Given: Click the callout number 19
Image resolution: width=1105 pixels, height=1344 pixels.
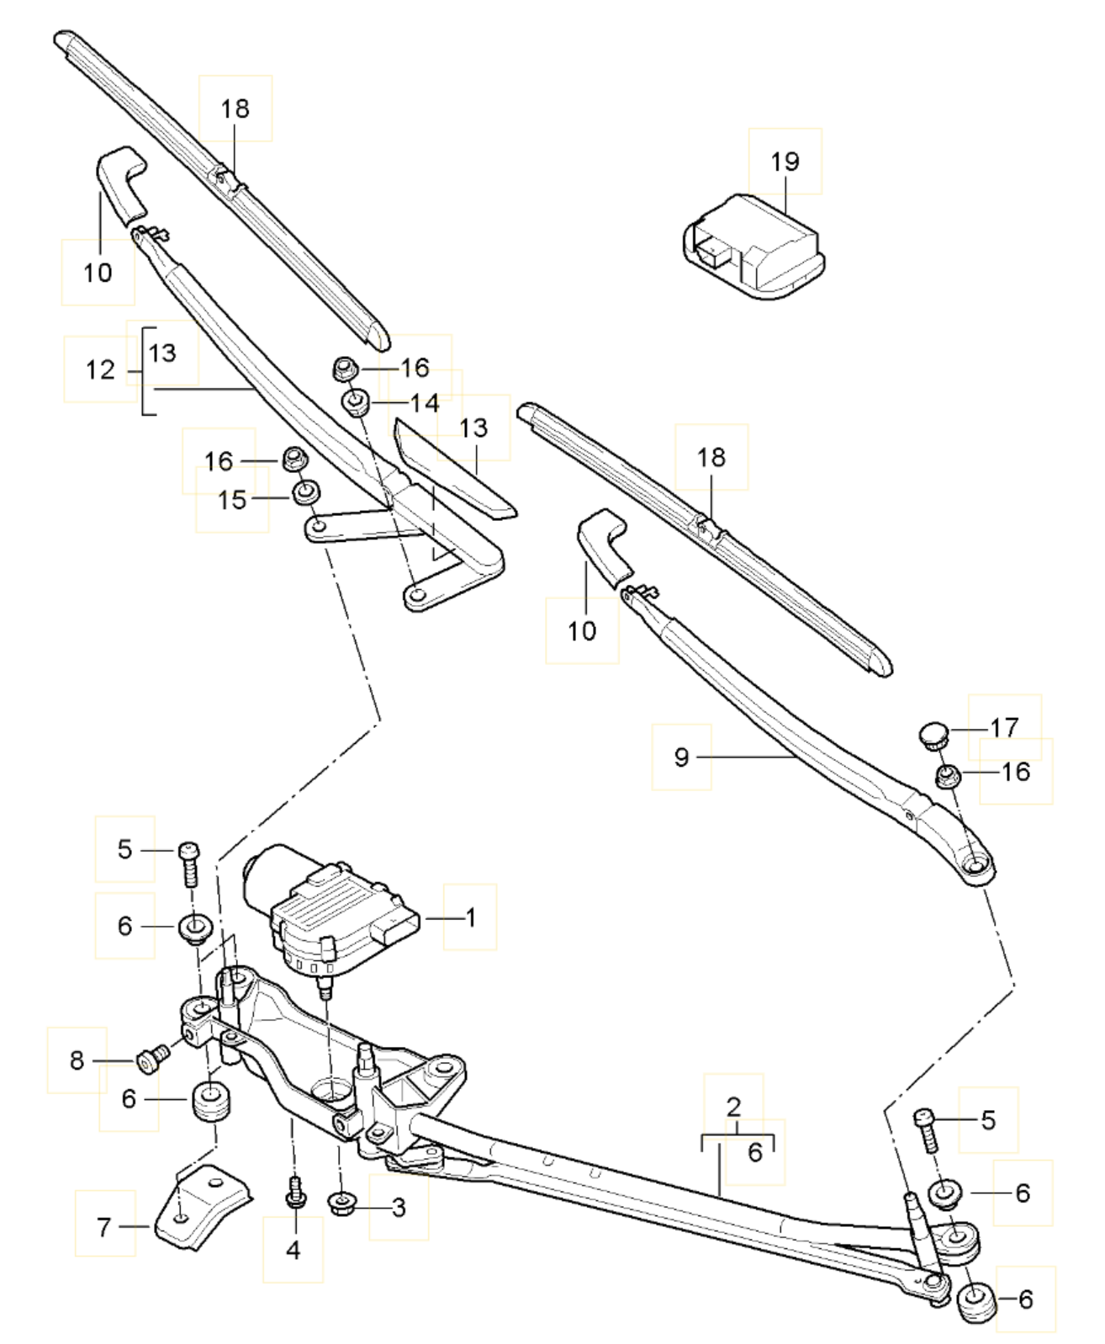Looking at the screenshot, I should (x=785, y=162).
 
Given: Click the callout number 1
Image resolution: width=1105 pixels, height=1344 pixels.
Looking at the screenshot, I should (x=471, y=917).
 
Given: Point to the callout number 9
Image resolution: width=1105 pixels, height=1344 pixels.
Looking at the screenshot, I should (x=681, y=757).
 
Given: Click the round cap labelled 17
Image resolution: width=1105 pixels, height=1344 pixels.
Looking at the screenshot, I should (x=933, y=735).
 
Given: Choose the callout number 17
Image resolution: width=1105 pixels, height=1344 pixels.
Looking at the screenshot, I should (x=1004, y=727).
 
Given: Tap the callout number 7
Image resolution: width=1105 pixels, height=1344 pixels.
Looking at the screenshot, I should (x=104, y=1227).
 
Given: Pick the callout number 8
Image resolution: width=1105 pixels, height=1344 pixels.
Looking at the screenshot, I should (x=77, y=1060).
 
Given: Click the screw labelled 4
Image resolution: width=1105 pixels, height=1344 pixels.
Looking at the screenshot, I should (x=294, y=1193).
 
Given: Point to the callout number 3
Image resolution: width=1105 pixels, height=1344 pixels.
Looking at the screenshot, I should (x=399, y=1208).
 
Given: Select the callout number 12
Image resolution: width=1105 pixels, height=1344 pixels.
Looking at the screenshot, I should (x=100, y=369).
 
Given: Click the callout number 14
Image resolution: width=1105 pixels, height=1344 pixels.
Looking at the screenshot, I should (x=426, y=403).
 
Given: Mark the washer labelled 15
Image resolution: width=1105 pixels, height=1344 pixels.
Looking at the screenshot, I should (x=308, y=491).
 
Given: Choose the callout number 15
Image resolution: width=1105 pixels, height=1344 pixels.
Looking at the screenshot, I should (x=232, y=501).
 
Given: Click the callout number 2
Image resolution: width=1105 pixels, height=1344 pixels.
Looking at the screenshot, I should (x=733, y=1106).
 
